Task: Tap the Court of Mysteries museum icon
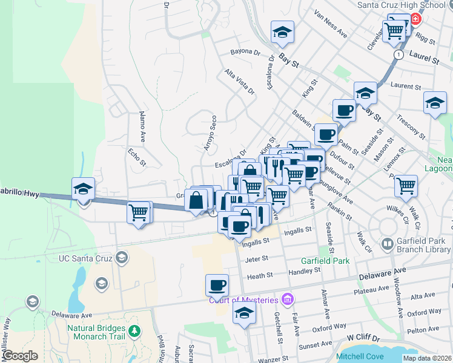point(287,299)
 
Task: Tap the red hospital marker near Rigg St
point(415,18)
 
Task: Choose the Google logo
point(20,356)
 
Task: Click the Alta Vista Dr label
point(239,81)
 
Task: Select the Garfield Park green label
point(326,261)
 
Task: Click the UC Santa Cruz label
point(86,258)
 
